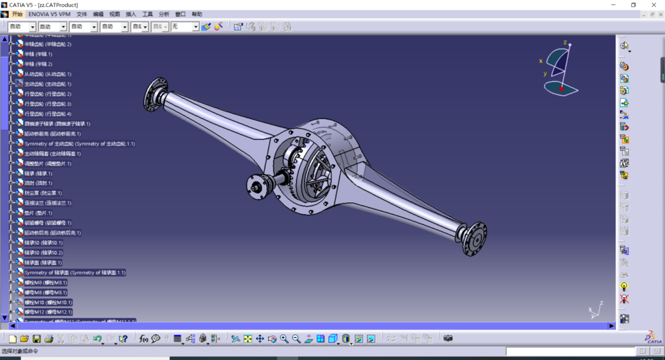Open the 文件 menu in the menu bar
pyautogui.click(x=82, y=14)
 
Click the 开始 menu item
pyautogui.click(x=17, y=14)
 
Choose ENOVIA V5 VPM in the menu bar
pyautogui.click(x=49, y=14)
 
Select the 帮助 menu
pyautogui.click(x=197, y=14)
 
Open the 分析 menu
pyautogui.click(x=164, y=14)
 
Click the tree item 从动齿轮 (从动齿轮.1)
pyautogui.click(x=48, y=74)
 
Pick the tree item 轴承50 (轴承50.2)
pyautogui.click(x=44, y=253)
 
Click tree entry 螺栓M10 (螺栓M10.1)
pyautogui.click(x=48, y=303)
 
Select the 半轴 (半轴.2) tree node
pyautogui.click(x=39, y=64)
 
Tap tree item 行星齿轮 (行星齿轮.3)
pyautogui.click(x=48, y=104)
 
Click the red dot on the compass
pyautogui.click(x=561, y=89)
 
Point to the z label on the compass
pyautogui.click(x=565, y=43)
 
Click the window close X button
pyautogui.click(x=653, y=5)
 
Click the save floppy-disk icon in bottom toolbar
pyautogui.click(x=48, y=339)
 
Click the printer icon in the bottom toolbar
pyautogui.click(x=60, y=339)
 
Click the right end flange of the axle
pyautogui.click(x=475, y=238)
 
